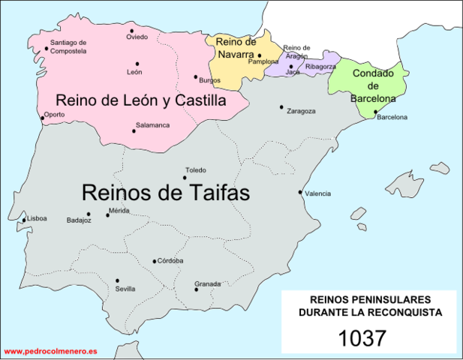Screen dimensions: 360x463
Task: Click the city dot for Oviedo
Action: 132,31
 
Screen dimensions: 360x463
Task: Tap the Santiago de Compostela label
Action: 68,46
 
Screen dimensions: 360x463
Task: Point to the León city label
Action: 134,72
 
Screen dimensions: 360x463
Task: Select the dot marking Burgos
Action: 196,76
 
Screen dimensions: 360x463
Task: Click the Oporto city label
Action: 54,115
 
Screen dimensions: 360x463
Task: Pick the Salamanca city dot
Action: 134,131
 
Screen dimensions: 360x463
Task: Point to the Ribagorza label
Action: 320,67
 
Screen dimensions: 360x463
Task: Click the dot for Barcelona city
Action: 375,112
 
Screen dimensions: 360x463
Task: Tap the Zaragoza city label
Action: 301,111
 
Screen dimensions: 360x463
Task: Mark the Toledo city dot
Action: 185,178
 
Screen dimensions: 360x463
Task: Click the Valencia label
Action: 318,193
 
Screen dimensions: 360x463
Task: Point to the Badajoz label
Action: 79,220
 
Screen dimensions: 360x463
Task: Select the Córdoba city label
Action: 170,261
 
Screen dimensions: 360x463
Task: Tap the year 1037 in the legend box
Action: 362,337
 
